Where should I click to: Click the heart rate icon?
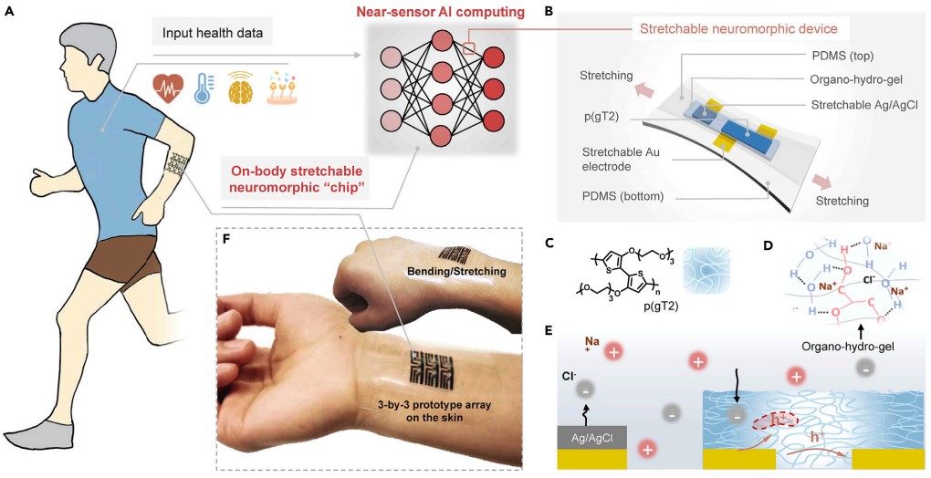pos(169,88)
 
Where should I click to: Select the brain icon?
pos(240,88)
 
